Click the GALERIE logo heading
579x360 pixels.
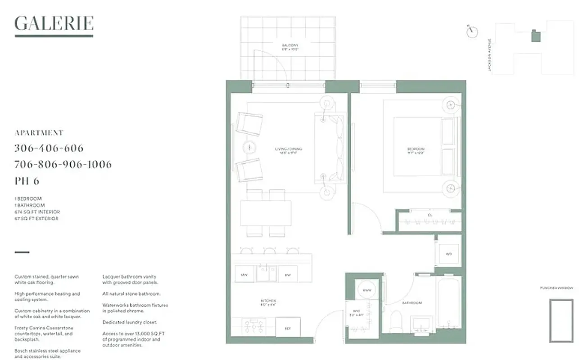(x=54, y=23)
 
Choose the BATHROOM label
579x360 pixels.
(x=412, y=303)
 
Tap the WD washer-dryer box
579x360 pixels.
(x=448, y=254)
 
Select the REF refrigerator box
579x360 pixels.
(x=288, y=328)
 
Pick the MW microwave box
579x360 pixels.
(x=244, y=274)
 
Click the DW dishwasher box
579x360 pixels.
(x=287, y=274)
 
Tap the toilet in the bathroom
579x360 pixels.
(x=396, y=321)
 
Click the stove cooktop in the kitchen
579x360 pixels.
(x=253, y=326)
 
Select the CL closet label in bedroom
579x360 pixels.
(x=430, y=216)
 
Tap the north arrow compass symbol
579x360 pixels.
(x=472, y=31)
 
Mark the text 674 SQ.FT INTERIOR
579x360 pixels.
(x=37, y=212)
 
